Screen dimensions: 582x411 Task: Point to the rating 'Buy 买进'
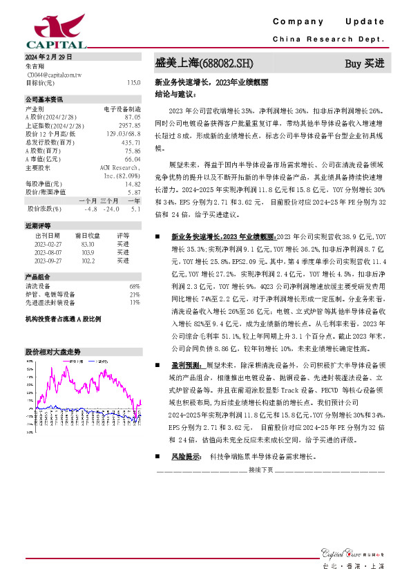pyautogui.click(x=364, y=64)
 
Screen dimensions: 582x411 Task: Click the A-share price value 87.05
pyautogui.click(x=132, y=117)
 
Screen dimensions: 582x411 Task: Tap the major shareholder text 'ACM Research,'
pyautogui.click(x=120, y=167)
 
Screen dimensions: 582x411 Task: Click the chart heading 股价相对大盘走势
pyautogui.click(x=48, y=352)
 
